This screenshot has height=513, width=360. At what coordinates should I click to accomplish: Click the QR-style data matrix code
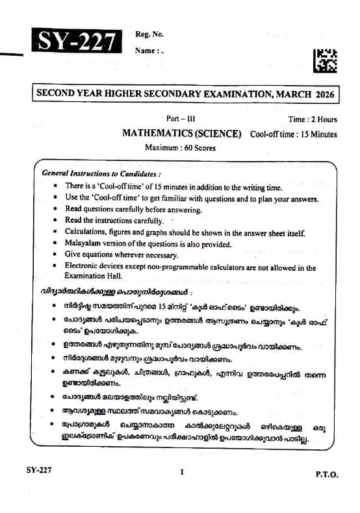tap(325, 60)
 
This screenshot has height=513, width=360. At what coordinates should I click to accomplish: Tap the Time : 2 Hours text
tap(313, 119)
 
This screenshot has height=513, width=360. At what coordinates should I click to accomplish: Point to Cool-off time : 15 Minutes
tap(293, 134)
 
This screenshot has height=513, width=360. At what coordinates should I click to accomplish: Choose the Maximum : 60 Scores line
tap(180, 147)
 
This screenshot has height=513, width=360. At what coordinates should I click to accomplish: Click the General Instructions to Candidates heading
tap(101, 173)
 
